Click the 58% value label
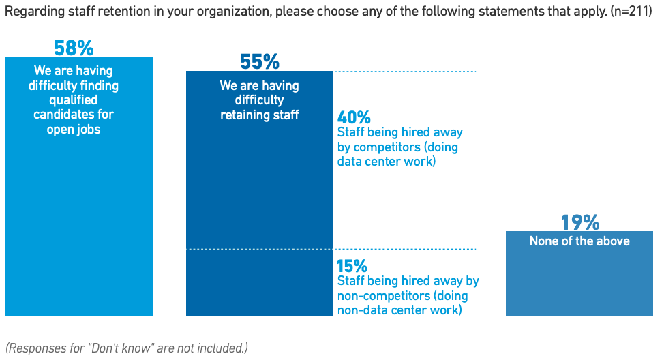tap(74, 48)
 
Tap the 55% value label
tap(260, 63)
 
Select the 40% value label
tap(354, 117)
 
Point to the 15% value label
tap(352, 266)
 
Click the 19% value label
tap(579, 222)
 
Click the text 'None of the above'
tap(579, 241)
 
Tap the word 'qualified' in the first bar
tap(74, 100)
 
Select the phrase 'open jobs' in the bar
tap(74, 130)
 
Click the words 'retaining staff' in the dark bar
tap(259, 115)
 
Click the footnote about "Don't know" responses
tap(126, 348)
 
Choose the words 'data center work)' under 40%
tap(386, 162)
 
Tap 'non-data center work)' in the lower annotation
tap(399, 310)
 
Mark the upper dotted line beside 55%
tap(405, 72)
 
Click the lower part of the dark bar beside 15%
tap(260, 283)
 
